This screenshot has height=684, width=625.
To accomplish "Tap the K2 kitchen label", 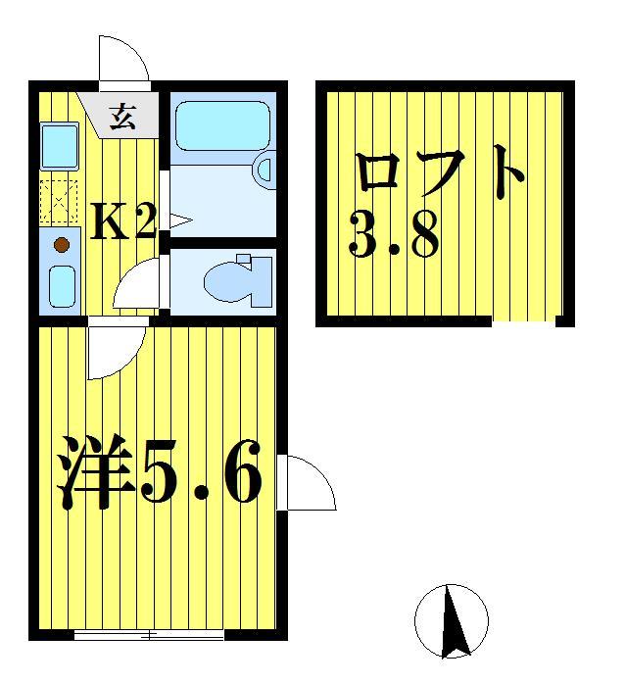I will pyautogui.click(x=123, y=224).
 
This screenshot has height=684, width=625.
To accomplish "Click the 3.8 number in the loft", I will pyautogui.click(x=393, y=236).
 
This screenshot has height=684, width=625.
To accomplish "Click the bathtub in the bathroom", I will pyautogui.click(x=219, y=122).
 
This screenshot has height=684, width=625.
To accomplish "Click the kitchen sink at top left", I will pyautogui.click(x=59, y=147).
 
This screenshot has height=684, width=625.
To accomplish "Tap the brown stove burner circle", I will pyautogui.click(x=61, y=243).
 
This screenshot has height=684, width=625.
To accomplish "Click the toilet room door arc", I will pyautogui.click(x=137, y=286).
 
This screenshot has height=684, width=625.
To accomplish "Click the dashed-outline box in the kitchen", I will pyautogui.click(x=58, y=202).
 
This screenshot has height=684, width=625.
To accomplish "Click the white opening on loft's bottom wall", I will pyautogui.click(x=523, y=320).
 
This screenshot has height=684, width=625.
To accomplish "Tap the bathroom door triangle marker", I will pyautogui.click(x=177, y=221).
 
